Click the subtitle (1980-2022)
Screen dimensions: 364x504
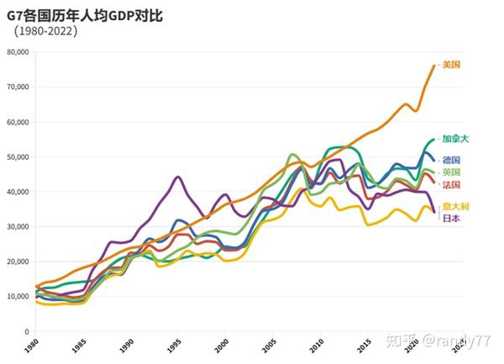45,31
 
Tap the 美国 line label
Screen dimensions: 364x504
451,65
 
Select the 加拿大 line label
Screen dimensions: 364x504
455,140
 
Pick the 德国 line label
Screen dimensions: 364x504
451,160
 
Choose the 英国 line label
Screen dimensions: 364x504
451,172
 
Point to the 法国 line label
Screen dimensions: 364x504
451,185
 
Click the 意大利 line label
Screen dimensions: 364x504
455,207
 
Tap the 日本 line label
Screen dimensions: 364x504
451,219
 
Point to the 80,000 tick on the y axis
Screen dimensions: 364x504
18,52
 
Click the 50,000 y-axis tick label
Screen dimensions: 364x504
18,157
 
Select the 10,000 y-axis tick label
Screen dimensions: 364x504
18,297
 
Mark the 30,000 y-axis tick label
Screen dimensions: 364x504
18,227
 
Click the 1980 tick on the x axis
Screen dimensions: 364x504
31,346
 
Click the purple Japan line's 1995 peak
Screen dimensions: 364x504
178,177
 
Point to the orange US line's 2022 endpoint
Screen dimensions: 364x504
433,66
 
